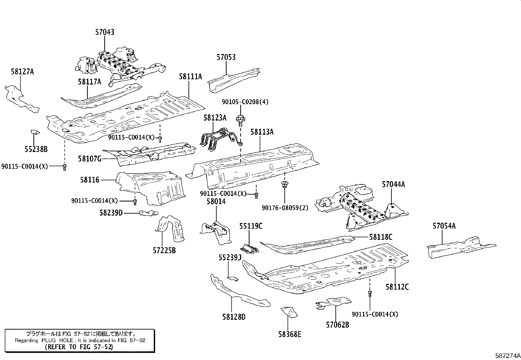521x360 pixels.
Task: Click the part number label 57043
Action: (x=105, y=32)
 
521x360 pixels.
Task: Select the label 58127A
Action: (x=22, y=72)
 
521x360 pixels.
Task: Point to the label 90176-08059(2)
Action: (x=285, y=208)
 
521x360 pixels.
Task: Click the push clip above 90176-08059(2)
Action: (x=284, y=184)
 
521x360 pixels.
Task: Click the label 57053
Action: (x=226, y=57)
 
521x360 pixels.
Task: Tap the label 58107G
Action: (x=89, y=159)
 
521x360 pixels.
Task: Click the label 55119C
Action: (x=250, y=226)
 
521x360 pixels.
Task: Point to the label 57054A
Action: (x=444, y=226)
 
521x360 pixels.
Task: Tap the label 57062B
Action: (x=337, y=325)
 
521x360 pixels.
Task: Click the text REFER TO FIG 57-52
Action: (x=80, y=347)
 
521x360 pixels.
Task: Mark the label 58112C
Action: (x=397, y=287)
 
